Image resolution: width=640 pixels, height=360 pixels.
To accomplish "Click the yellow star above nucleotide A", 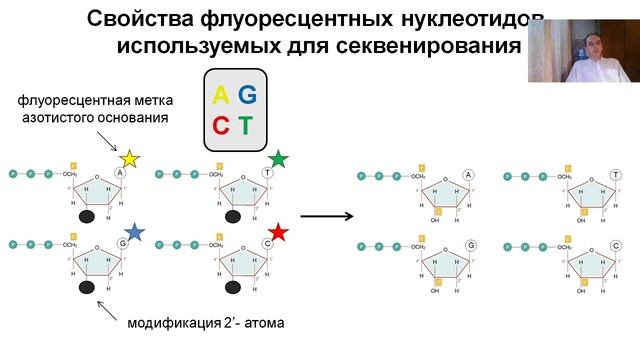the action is (129, 158).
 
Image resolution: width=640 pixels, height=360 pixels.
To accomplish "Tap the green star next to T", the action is (278, 158).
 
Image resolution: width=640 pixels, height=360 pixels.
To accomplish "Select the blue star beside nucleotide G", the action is (134, 232).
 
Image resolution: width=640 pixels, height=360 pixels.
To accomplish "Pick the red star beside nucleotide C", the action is (278, 232).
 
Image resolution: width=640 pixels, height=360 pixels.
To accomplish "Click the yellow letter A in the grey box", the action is (220, 95).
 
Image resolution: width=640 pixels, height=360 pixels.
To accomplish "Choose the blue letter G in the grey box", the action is (247, 95).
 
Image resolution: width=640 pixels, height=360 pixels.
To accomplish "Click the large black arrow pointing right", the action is (329, 215).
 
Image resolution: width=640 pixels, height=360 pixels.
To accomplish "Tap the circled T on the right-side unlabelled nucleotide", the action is (614, 175).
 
